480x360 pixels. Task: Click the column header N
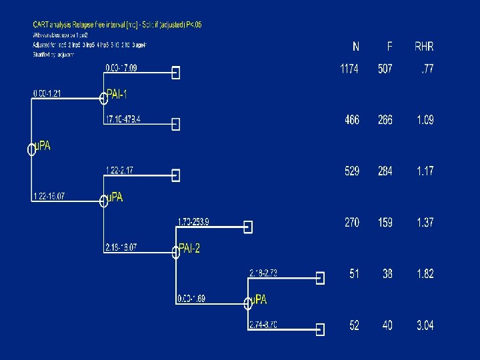click(356, 47)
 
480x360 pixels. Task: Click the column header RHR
click(424, 47)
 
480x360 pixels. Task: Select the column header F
click(390, 47)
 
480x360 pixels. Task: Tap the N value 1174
click(350, 69)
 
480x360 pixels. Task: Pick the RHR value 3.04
click(425, 325)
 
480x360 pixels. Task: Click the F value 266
click(385, 120)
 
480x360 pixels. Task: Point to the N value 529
click(352, 171)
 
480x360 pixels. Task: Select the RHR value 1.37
click(425, 223)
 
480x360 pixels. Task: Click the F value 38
click(387, 274)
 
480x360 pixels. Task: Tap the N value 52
click(354, 325)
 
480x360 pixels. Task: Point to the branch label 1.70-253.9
click(193, 222)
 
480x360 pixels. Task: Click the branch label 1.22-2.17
click(119, 171)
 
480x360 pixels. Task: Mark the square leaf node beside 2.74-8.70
click(320, 329)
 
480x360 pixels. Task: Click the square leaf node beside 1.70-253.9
click(248, 227)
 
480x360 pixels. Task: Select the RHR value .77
click(427, 69)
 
